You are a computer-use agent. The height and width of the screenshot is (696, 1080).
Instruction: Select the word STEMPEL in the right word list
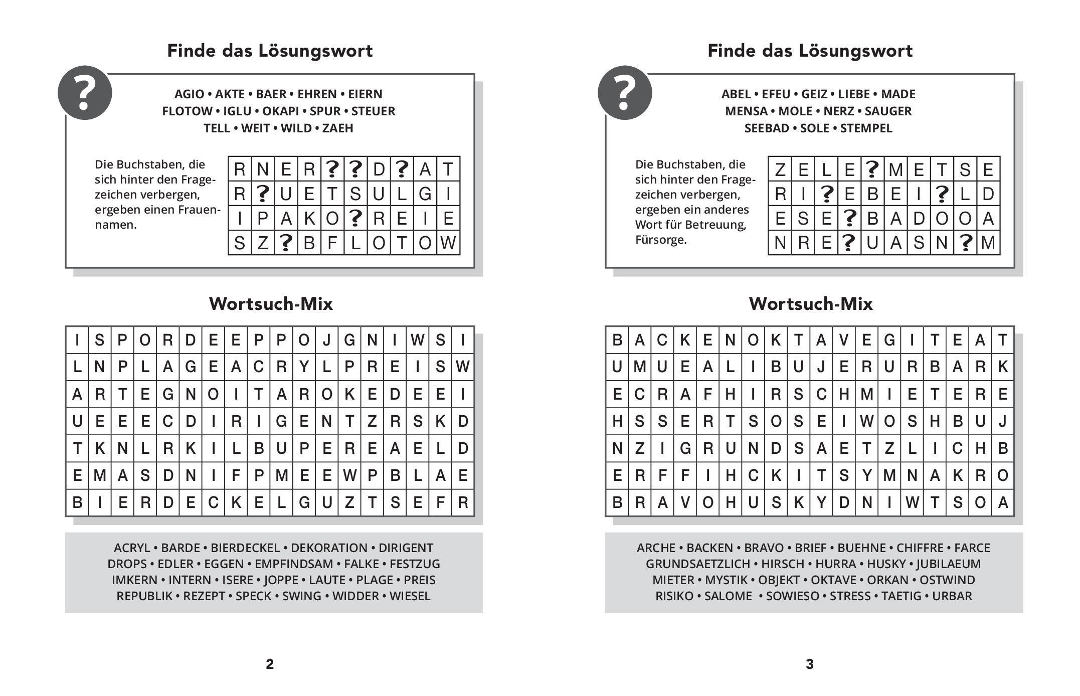866,128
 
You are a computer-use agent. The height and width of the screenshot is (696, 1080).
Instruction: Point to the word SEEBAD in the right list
766,128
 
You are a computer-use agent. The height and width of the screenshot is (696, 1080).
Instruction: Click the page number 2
270,664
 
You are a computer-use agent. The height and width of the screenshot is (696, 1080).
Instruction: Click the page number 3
809,664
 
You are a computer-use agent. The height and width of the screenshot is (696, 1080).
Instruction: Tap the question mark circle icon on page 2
85,93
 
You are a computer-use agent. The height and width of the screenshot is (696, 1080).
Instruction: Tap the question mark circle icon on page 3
625,93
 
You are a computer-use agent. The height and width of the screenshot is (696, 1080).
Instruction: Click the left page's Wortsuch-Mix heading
271,304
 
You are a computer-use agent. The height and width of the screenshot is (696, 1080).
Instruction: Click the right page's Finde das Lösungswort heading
810,51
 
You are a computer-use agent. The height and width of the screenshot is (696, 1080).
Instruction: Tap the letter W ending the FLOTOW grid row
448,243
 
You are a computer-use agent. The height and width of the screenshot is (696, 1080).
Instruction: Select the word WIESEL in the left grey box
410,596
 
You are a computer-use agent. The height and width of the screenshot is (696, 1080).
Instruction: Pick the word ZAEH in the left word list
337,128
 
